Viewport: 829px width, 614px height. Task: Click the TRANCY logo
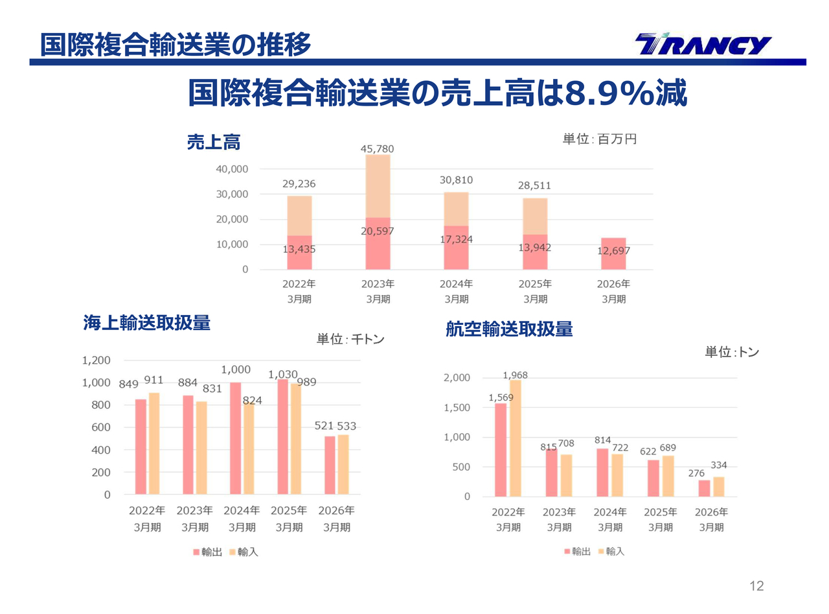[x=703, y=45]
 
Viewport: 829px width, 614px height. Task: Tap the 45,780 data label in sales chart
[x=377, y=149]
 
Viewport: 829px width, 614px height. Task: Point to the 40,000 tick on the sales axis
[x=231, y=169]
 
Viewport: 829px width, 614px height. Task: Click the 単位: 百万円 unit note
[x=599, y=139]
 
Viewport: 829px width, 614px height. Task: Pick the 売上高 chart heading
[x=213, y=143]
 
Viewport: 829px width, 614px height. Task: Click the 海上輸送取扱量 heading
[x=147, y=323]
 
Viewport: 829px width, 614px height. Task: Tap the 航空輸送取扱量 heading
[x=509, y=329]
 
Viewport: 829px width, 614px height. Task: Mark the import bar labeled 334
[x=718, y=486]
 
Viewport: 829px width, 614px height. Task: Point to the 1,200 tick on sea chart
[x=96, y=360]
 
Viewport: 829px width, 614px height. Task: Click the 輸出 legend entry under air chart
[x=578, y=552]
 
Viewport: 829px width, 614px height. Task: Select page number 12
[x=756, y=586]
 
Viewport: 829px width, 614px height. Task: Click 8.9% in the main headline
[x=609, y=94]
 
